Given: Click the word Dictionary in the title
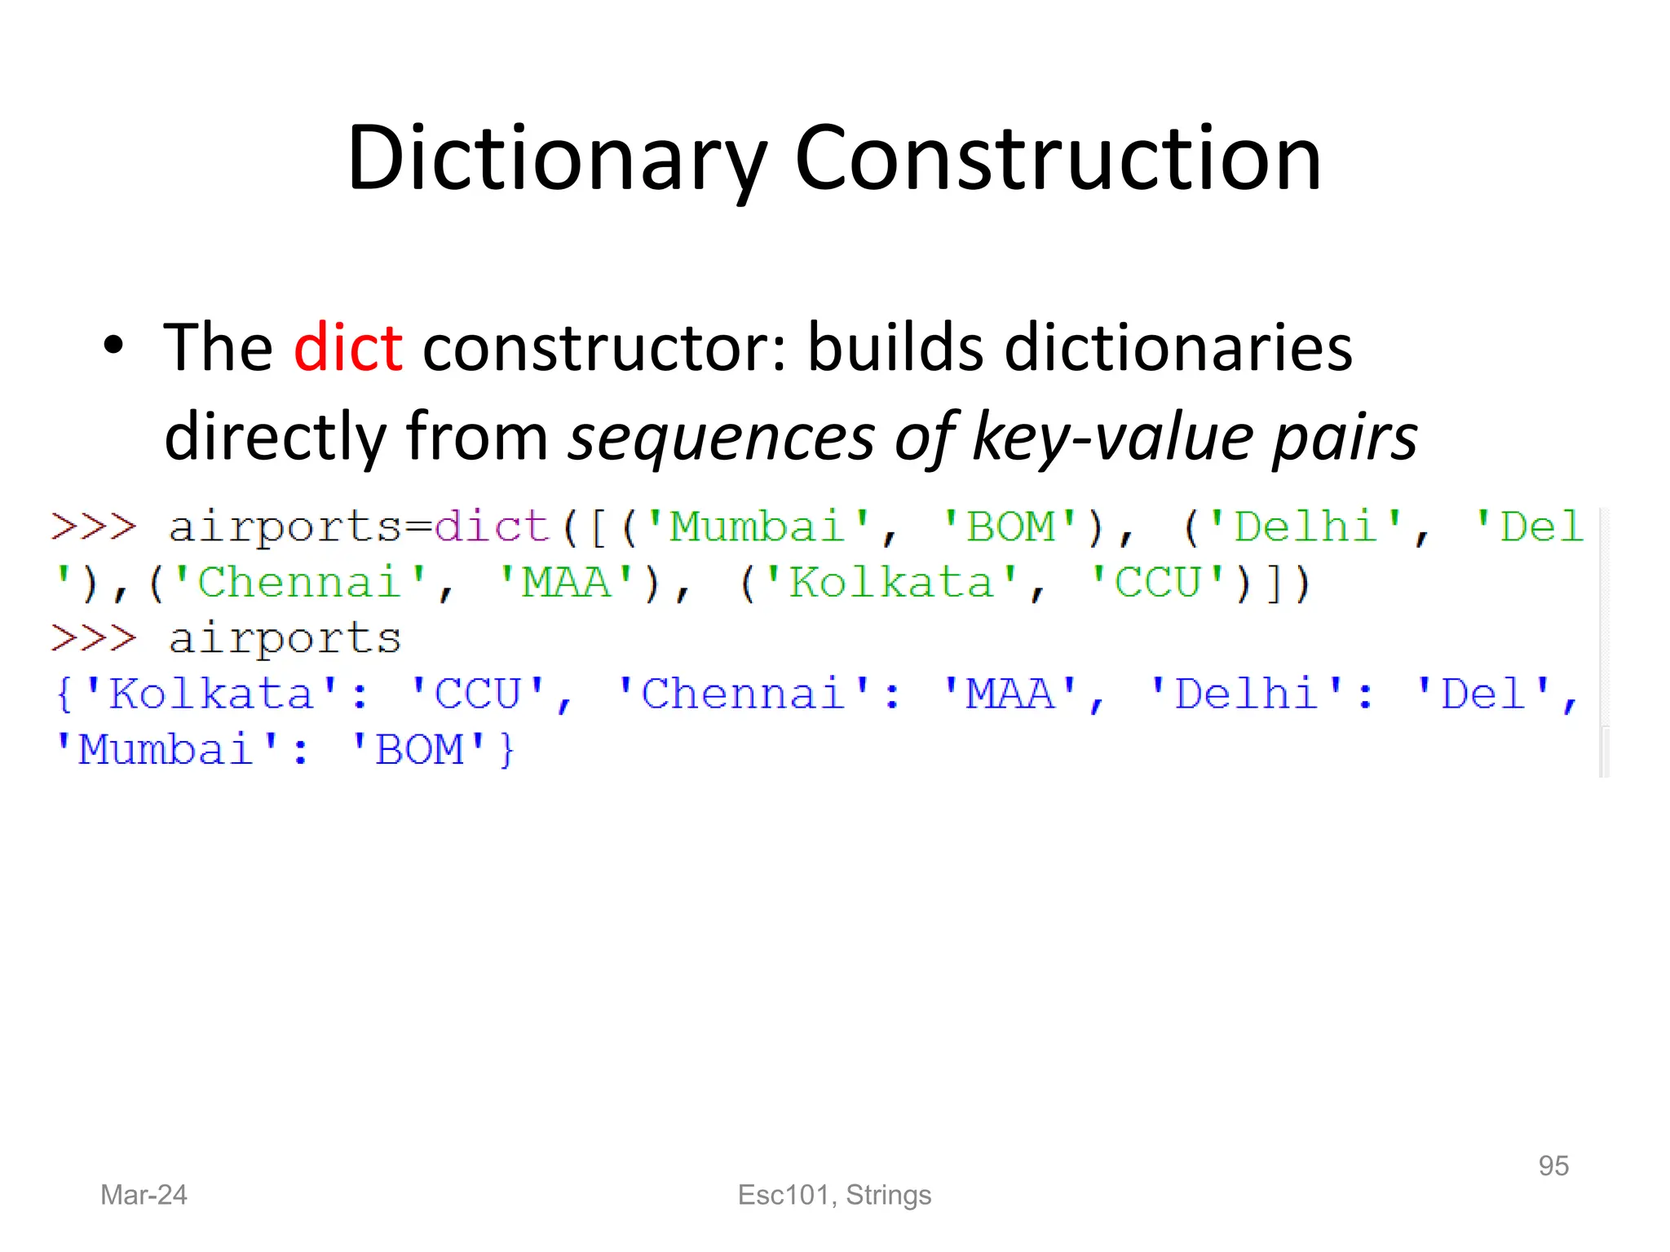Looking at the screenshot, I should tap(557, 159).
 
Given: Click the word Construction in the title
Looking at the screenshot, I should tap(1058, 159).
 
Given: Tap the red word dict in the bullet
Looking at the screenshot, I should tap(348, 348).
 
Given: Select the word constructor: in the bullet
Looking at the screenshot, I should tap(604, 348).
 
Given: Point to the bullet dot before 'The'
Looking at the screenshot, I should tap(113, 346).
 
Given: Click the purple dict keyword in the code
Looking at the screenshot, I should tap(492, 527).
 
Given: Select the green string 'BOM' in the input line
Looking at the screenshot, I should tap(1010, 527).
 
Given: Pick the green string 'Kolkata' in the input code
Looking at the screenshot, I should tap(891, 583).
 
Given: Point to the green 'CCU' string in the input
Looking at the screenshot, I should tap(1158, 583).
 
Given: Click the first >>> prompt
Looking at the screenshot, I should tap(93, 527).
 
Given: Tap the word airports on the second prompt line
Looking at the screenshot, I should tap(285, 639).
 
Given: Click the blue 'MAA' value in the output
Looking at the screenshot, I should tap(1010, 694).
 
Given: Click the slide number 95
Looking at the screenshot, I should tap(1553, 1166).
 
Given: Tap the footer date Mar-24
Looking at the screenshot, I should tap(144, 1195).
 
